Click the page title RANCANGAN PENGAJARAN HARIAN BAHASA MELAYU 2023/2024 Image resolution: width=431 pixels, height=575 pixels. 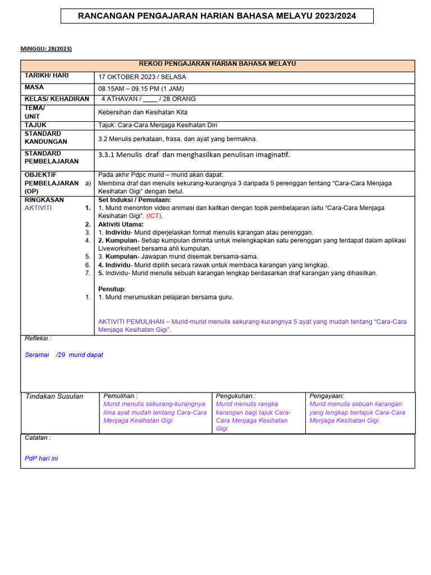coord(216,16)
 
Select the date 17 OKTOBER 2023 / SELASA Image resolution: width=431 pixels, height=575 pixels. coord(142,77)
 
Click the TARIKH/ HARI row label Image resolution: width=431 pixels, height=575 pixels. coord(45,75)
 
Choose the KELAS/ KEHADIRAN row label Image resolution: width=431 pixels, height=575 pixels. coord(57,99)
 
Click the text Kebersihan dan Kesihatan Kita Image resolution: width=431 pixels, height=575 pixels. coord(143,112)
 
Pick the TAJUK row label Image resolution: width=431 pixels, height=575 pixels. coord(35,125)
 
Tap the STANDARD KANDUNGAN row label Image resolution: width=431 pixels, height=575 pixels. coord(45,138)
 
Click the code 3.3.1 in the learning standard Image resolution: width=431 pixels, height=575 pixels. coord(107,154)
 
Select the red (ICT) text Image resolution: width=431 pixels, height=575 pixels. coord(155,216)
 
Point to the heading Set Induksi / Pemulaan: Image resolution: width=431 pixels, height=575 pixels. coord(135,200)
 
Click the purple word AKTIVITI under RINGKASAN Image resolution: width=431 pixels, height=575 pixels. coord(38,208)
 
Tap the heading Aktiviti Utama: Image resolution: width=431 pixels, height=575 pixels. coord(121,224)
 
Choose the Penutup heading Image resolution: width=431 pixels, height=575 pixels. coord(112,289)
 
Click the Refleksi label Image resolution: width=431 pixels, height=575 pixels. coord(38,339)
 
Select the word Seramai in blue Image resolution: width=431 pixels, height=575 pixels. coord(37,355)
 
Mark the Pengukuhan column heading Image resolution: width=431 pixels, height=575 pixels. coord(236,396)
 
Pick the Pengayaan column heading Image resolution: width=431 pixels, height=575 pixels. coord(327,396)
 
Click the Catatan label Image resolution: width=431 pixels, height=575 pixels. coord(38,437)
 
